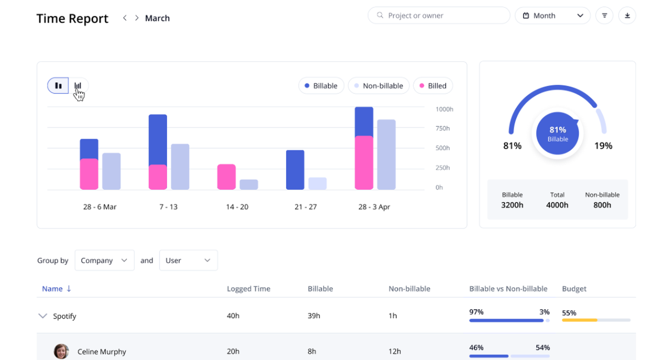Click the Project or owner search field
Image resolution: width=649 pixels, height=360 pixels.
[x=438, y=15]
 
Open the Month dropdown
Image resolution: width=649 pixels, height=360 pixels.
[x=552, y=15]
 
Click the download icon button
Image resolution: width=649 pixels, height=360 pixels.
[x=627, y=15]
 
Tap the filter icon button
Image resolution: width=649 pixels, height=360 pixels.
[x=604, y=15]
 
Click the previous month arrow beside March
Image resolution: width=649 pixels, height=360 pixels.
[x=125, y=18]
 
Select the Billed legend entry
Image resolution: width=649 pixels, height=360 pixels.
[x=433, y=86]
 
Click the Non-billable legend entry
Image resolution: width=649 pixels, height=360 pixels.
[x=378, y=86]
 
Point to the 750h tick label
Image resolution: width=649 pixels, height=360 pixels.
[x=443, y=128]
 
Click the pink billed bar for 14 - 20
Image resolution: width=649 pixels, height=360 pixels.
[x=226, y=177]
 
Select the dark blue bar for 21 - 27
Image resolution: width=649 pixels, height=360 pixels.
[x=295, y=170]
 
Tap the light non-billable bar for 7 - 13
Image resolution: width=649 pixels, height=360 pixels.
[x=180, y=167]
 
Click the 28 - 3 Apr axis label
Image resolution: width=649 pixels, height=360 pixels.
[x=374, y=207]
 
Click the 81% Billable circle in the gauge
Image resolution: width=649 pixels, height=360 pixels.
[x=557, y=133]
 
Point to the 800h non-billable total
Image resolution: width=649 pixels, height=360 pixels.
[x=602, y=205]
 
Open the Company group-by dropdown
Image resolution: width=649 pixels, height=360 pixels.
[x=104, y=260]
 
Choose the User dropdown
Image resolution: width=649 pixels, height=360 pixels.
[x=188, y=260]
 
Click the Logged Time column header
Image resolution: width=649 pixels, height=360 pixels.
[x=248, y=289]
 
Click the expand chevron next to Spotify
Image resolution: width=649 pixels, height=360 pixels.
[x=43, y=316]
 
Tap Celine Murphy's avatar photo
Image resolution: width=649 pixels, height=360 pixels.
[x=61, y=351]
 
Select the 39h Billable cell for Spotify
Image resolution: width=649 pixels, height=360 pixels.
[x=314, y=316]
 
